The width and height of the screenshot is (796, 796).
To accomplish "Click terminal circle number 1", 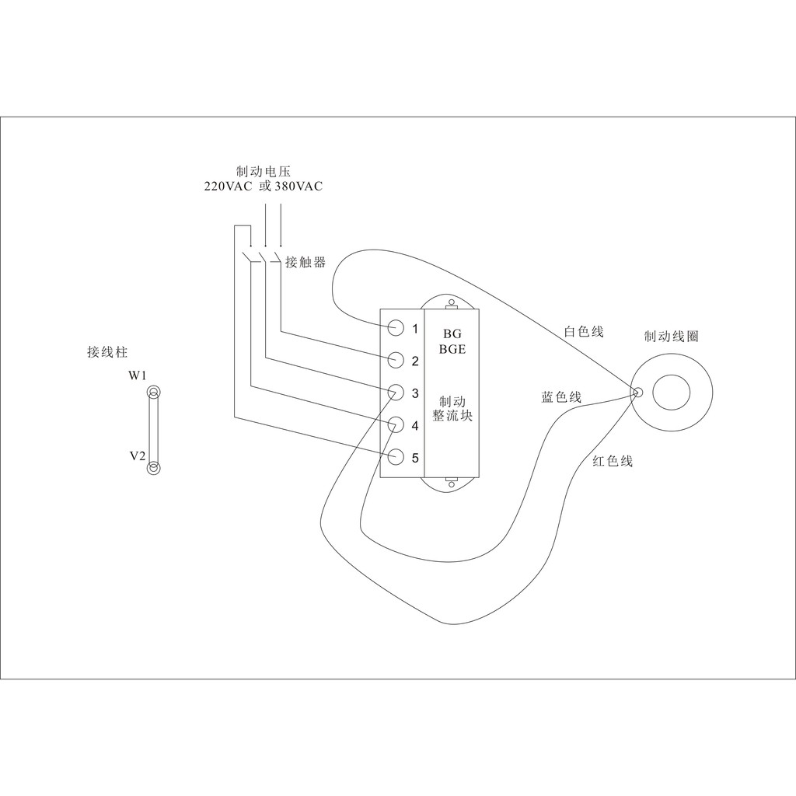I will pyautogui.click(x=396, y=327).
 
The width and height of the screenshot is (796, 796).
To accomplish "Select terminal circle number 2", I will pyautogui.click(x=396, y=360).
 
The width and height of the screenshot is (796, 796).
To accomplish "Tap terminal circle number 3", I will pyautogui.click(x=396, y=393).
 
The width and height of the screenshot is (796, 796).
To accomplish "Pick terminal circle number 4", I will pyautogui.click(x=396, y=425).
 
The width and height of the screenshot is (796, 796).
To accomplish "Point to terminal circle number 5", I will pyautogui.click(x=396, y=457).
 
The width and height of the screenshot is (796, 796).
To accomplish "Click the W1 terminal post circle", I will pyautogui.click(x=154, y=394).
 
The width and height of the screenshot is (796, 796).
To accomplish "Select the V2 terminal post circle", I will pyautogui.click(x=154, y=466).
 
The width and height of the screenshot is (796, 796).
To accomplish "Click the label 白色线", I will pyautogui.click(x=583, y=332).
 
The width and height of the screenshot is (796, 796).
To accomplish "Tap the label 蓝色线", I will pyautogui.click(x=561, y=397).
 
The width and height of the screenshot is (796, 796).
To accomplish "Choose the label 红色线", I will pyautogui.click(x=613, y=461).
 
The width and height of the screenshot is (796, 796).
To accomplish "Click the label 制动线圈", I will pyautogui.click(x=672, y=337).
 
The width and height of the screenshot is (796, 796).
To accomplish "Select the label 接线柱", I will pyautogui.click(x=107, y=352).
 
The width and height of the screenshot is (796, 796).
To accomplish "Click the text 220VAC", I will pyautogui.click(x=227, y=187).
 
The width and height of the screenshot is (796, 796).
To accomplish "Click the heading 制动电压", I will pyautogui.click(x=263, y=171).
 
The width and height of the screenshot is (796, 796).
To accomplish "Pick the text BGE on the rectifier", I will pyautogui.click(x=452, y=349).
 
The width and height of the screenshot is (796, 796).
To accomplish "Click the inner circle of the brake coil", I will pyautogui.click(x=671, y=393).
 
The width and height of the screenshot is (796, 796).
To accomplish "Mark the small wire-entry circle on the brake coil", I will pyautogui.click(x=637, y=393).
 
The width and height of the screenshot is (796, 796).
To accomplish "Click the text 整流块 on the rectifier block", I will pyautogui.click(x=452, y=416).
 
